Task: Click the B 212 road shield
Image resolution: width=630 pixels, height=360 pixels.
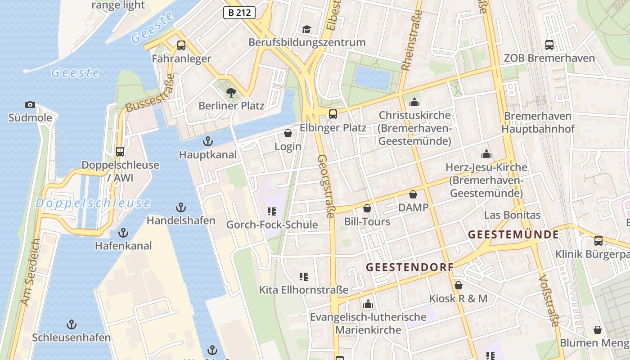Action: click(239, 13)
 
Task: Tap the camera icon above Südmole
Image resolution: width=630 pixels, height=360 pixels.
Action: click(30, 105)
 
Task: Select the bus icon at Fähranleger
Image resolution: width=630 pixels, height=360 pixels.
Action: click(181, 45)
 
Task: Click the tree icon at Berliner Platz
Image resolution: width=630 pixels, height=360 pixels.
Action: click(231, 93)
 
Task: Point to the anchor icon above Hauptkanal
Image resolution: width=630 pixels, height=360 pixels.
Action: click(207, 142)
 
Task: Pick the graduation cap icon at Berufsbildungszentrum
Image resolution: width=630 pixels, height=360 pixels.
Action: click(307, 30)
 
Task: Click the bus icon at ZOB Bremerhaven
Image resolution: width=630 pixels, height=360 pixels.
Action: click(549, 45)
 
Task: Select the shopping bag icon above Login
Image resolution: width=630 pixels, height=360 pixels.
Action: click(288, 134)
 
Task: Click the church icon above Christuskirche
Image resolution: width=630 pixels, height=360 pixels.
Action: click(414, 102)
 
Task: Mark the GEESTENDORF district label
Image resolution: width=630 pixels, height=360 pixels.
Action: click(409, 267)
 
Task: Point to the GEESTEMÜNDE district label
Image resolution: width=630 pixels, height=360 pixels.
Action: click(513, 234)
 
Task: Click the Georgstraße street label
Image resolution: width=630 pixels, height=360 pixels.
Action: click(326, 186)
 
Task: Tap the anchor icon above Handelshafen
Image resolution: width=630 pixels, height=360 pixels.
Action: click(180, 207)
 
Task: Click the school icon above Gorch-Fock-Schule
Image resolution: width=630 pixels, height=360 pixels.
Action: click(271, 211)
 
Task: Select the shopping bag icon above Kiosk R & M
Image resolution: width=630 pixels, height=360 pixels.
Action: click(458, 285)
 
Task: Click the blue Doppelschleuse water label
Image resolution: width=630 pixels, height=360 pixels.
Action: click(93, 203)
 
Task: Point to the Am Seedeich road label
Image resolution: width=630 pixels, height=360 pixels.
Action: click(31, 272)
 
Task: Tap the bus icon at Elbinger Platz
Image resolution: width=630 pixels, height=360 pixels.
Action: click(333, 114)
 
